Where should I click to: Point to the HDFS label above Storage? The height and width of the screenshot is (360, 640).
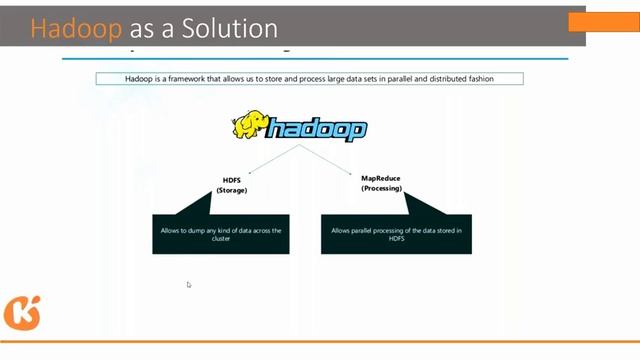tap(232, 180)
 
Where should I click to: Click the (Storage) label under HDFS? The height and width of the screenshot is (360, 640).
tap(232, 189)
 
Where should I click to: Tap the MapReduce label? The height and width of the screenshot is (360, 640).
tap(380, 178)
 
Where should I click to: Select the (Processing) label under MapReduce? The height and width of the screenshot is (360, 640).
tap(380, 187)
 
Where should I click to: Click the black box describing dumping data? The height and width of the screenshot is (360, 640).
tap(221, 234)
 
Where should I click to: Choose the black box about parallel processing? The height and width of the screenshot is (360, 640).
tap(389, 234)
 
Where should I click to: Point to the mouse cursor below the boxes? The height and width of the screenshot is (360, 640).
tap(189, 285)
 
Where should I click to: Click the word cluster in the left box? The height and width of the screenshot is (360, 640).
tap(221, 239)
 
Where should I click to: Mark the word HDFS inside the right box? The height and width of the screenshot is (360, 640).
tap(390, 239)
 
